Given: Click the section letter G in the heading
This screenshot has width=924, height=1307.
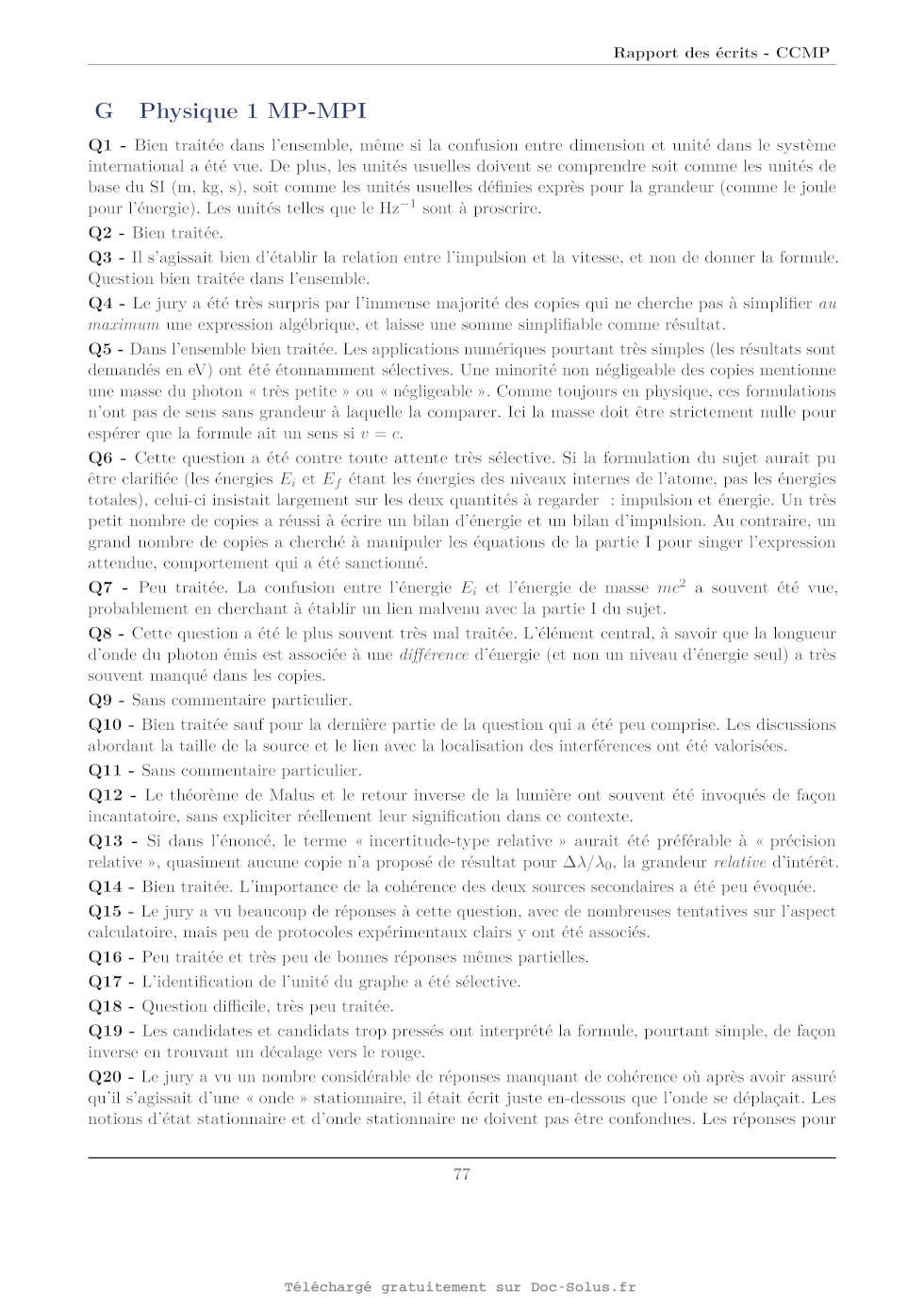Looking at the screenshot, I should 104,111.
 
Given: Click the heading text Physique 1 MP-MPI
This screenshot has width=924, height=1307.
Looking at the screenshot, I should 253,111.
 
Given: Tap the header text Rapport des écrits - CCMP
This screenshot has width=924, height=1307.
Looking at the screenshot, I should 721,53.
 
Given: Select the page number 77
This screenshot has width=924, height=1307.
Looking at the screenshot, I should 462,1174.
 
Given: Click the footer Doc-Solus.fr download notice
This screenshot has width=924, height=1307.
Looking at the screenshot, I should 460,1287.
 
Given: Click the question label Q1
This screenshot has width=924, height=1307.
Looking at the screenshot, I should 100,145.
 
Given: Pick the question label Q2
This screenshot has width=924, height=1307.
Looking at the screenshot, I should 100,233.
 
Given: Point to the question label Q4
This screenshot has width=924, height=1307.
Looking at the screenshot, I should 100,304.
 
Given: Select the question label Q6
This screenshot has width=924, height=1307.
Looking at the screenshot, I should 100,458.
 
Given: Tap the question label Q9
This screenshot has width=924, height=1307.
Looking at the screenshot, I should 100,701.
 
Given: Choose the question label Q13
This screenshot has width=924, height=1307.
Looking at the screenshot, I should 106,841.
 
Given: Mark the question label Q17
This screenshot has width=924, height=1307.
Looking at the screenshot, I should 106,982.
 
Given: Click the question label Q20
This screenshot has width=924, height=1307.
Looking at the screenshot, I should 106,1077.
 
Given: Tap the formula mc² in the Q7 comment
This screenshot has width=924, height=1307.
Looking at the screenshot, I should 671,587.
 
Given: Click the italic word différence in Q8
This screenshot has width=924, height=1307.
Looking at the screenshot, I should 434,655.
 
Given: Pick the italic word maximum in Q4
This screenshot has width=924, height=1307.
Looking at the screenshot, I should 124,325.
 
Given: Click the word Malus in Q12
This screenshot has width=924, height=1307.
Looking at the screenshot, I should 292,796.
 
